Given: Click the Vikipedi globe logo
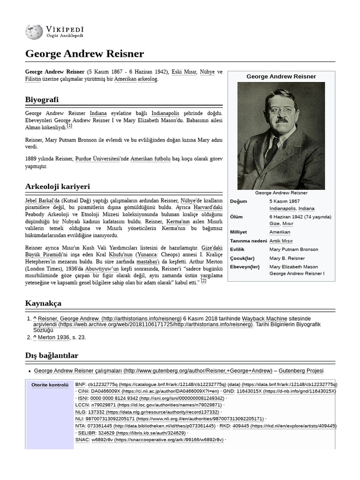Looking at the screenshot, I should pyautogui.click(x=34, y=31).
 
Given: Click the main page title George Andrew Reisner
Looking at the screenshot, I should pyautogui.click(x=84, y=53).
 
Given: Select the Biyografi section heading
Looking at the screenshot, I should pyautogui.click(x=42, y=100).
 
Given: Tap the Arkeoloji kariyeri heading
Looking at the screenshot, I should pyautogui.click(x=57, y=187).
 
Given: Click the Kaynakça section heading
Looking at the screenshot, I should pyautogui.click(x=43, y=303).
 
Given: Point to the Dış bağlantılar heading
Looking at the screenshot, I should pyautogui.click(x=52, y=355).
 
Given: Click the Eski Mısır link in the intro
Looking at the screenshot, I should pyautogui.click(x=184, y=72).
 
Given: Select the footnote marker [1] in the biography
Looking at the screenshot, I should pyautogui.click(x=69, y=126).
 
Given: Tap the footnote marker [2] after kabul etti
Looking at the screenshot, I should pyautogui.click(x=203, y=281).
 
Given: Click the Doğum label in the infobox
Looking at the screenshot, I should pyautogui.click(x=239, y=201).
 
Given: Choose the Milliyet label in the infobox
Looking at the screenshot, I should pyautogui.click(x=239, y=232).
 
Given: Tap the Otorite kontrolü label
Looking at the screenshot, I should pyautogui.click(x=50, y=385).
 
